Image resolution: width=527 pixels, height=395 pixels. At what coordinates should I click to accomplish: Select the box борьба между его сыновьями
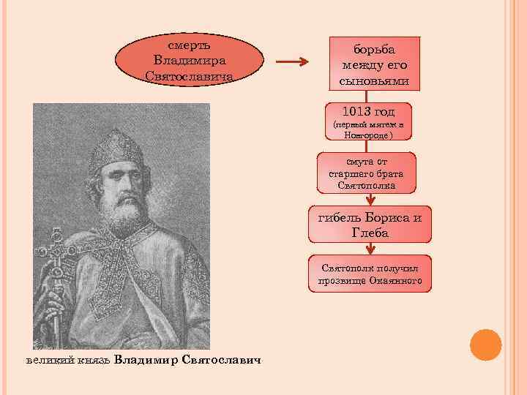tap(375, 64)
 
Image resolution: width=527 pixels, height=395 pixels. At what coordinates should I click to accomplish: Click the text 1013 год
tap(368, 112)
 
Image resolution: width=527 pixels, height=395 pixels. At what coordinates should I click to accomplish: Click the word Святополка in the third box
tap(367, 186)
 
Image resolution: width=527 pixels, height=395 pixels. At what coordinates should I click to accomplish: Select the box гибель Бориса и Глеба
tap(369, 225)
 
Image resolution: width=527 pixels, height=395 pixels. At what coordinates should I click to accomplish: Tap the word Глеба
tap(370, 233)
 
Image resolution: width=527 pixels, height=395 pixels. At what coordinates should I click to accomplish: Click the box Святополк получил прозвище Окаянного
tap(370, 274)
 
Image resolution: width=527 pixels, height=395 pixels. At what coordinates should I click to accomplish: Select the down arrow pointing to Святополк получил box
tap(369, 249)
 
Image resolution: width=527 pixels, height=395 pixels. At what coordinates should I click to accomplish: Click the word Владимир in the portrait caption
tap(147, 360)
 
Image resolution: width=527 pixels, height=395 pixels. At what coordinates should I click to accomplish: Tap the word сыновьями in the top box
tap(374, 80)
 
